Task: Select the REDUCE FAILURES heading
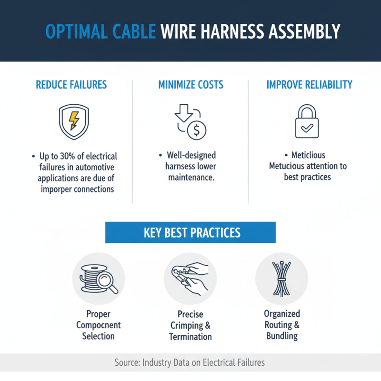click(71, 85)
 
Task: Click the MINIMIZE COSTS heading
click(190, 85)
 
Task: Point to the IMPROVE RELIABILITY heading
click(310, 85)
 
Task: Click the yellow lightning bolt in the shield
click(74, 120)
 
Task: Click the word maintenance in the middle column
click(190, 177)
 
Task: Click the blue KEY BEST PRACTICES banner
click(190, 233)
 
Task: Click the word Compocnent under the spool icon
click(98, 325)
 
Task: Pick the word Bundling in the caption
click(282, 336)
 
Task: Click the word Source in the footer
click(127, 363)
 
